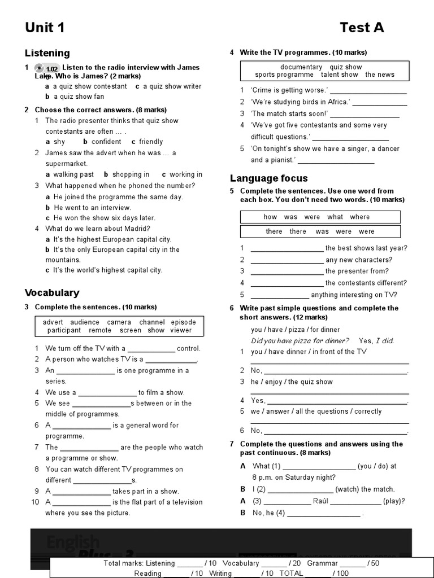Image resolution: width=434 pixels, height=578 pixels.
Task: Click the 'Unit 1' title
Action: (x=45, y=28)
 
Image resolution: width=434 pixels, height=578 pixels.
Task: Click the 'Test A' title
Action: (x=362, y=28)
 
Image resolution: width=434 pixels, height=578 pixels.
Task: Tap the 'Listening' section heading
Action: (x=47, y=53)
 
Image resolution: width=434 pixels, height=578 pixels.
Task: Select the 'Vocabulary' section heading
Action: (x=51, y=292)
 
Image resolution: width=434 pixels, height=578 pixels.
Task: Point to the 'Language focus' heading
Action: (x=268, y=178)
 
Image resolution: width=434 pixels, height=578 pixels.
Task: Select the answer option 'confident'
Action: (x=106, y=142)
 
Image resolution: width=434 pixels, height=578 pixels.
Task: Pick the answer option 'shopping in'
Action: (x=131, y=174)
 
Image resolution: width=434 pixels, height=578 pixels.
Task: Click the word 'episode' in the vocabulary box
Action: (x=183, y=322)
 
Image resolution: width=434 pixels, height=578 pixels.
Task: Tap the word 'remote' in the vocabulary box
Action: (x=100, y=330)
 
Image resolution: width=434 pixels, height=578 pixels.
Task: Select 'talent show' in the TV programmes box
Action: (x=339, y=75)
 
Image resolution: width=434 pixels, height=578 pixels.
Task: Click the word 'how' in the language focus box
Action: (x=270, y=217)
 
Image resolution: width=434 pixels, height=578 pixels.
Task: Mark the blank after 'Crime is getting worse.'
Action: (x=368, y=91)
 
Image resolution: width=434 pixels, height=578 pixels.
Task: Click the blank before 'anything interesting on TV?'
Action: (x=279, y=295)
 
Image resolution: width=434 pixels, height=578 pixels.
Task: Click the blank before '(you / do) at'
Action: (x=319, y=467)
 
